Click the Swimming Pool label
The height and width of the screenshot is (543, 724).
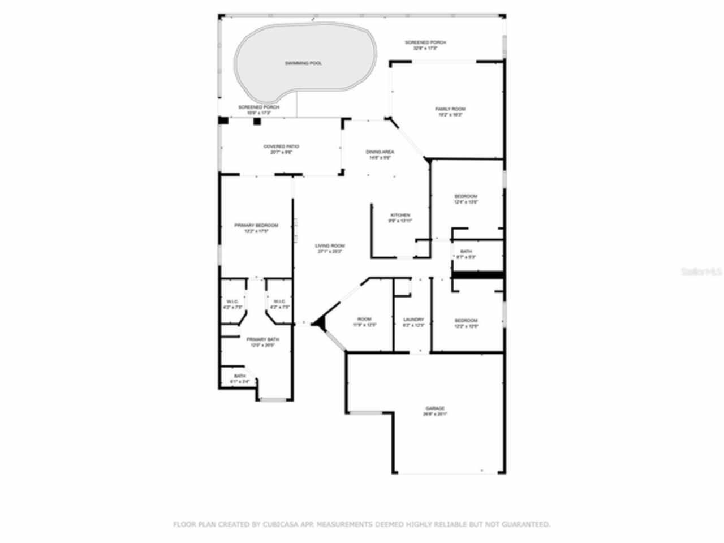point(303,63)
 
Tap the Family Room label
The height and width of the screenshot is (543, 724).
point(450,109)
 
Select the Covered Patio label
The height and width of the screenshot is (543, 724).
point(281,147)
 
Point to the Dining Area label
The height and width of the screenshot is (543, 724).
point(380,152)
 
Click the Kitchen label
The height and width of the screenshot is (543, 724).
point(400,216)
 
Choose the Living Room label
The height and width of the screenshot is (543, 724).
point(330,246)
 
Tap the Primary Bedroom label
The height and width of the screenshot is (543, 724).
point(256,226)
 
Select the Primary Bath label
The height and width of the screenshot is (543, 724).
point(262,339)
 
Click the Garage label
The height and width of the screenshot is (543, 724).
point(435,408)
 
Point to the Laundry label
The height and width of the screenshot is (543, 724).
point(413,320)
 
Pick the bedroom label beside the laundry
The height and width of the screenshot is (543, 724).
point(466,321)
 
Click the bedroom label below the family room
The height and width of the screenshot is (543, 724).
point(466,197)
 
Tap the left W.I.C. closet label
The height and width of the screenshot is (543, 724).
point(232,301)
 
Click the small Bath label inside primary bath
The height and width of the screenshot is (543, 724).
point(240,376)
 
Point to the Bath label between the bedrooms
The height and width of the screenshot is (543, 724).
point(466,252)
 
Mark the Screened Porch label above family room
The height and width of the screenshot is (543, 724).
point(425,42)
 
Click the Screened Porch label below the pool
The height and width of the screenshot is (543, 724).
point(258,107)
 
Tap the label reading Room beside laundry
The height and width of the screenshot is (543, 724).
point(364,320)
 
